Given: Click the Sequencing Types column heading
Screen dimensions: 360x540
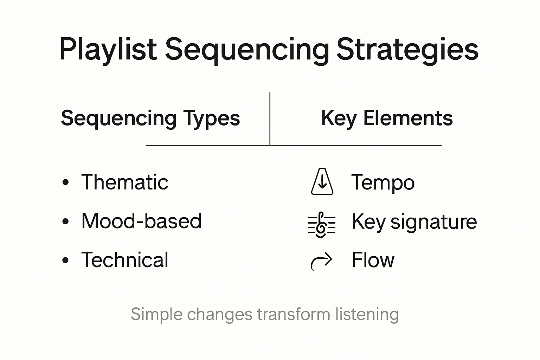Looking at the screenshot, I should point(150,118).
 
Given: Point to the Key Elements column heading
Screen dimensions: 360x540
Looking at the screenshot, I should point(387,118).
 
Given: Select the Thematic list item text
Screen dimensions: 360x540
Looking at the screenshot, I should point(125,182).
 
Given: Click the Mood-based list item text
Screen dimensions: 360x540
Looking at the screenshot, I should point(141,221).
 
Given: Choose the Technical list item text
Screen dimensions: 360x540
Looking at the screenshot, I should point(125,260).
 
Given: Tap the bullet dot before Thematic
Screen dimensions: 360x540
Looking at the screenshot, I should point(65,183).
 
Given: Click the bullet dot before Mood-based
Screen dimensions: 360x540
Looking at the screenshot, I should point(65,222).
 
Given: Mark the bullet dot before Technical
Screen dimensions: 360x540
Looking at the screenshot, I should point(65,261).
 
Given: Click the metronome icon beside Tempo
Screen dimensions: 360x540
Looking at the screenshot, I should point(322,182).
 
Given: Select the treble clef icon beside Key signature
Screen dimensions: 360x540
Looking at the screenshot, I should point(321,225).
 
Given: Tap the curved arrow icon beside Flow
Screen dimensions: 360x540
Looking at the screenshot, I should point(321,261).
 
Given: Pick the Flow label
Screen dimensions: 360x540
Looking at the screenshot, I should point(373,260).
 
